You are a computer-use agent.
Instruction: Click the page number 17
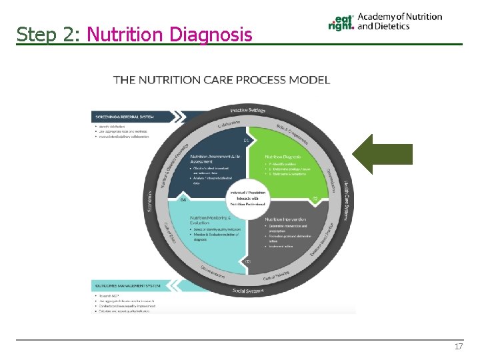pyautogui.click(x=458, y=347)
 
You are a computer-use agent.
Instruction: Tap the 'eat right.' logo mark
pyautogui.click(x=341, y=23)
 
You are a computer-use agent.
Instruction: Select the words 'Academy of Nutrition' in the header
pyautogui.click(x=399, y=17)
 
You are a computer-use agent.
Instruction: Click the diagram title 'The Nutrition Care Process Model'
pyautogui.click(x=221, y=80)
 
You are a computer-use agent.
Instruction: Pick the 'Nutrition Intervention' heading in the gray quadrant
pyautogui.click(x=285, y=219)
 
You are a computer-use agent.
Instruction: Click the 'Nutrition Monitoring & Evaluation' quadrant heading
pyautogui.click(x=210, y=221)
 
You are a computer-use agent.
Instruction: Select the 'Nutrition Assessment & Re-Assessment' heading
pyautogui.click(x=211, y=158)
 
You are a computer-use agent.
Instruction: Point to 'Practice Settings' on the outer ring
pyautogui.click(x=248, y=110)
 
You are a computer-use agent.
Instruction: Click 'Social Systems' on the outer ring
pyautogui.click(x=248, y=291)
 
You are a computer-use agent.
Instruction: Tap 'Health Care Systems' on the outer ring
pyautogui.click(x=345, y=201)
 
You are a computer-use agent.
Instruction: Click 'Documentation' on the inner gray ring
pyautogui.click(x=212, y=273)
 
